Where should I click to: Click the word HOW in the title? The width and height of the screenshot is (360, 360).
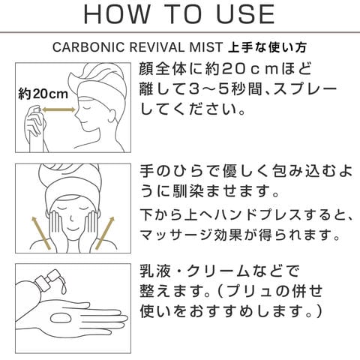116,14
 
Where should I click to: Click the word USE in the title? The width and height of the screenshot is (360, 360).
246,14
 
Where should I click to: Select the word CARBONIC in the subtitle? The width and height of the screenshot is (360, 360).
88,47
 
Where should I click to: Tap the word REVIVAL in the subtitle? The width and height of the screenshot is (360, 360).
159,47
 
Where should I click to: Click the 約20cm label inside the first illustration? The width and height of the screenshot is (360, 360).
43,94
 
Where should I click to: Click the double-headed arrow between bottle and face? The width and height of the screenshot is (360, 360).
58,109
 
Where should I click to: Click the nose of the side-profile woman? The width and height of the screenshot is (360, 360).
76,115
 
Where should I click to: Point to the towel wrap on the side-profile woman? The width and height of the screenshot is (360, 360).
97,80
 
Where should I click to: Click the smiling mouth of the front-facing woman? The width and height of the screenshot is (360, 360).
73,229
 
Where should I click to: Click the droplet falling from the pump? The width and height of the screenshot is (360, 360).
64,289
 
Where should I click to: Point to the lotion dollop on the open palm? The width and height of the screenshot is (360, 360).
61,318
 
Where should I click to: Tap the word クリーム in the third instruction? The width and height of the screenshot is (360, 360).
217,271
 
